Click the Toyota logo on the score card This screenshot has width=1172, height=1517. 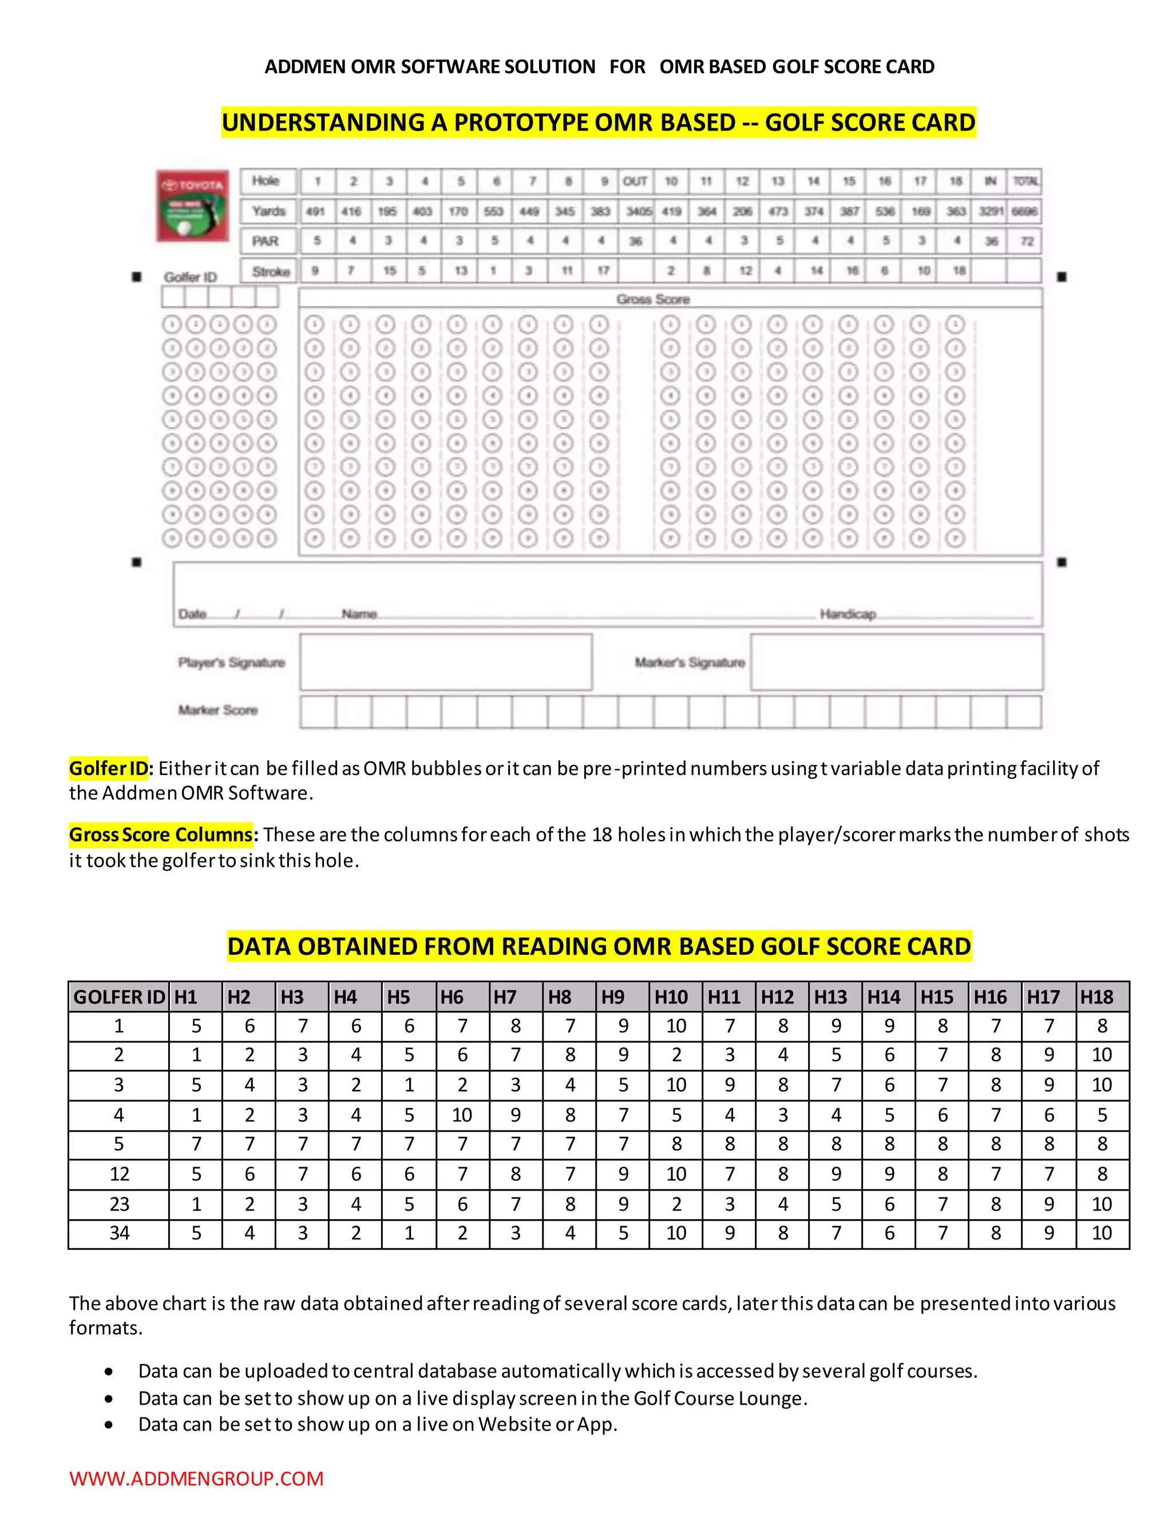point(193,206)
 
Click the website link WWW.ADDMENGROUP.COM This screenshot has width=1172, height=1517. point(196,1478)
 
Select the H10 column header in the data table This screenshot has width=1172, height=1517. point(671,997)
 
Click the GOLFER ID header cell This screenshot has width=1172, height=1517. point(118,997)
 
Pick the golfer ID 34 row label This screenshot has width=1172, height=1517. point(118,1233)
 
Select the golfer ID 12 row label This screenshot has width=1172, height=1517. point(118,1174)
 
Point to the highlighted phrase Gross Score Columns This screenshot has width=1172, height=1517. point(161,834)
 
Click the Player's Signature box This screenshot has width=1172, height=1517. point(446,662)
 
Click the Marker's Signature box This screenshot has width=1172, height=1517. point(896,662)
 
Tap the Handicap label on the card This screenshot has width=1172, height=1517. point(848,614)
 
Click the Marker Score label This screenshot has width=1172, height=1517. point(218,710)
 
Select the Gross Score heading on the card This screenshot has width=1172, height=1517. point(652,299)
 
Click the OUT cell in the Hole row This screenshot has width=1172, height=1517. point(635,181)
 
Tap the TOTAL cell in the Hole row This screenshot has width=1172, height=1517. point(1025,181)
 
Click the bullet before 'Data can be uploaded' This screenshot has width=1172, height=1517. point(109,1371)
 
